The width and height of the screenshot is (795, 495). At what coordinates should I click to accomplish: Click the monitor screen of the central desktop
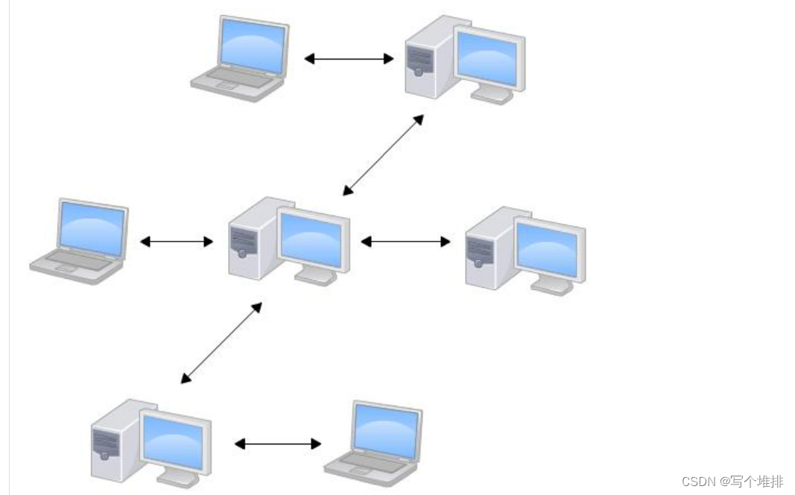click(x=311, y=239)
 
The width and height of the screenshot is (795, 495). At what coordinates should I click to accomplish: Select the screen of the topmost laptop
click(x=253, y=44)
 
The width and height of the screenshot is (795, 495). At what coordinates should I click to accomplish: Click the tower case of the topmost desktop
click(x=423, y=60)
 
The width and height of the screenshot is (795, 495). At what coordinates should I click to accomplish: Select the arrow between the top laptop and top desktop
click(x=349, y=58)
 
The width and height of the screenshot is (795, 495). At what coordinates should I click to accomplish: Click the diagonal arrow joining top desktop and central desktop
click(x=383, y=155)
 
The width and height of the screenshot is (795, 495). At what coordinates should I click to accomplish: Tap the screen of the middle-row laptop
click(x=92, y=225)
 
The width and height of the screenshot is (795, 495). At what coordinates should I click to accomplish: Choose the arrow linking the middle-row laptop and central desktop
click(x=177, y=242)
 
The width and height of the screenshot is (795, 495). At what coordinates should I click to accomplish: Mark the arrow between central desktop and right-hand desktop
click(x=405, y=242)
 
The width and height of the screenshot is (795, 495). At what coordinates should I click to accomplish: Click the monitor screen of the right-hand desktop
click(x=548, y=250)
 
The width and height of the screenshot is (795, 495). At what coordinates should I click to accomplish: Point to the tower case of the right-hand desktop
click(x=484, y=250)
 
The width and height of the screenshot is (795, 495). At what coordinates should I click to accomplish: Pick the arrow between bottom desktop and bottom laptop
click(x=278, y=444)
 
